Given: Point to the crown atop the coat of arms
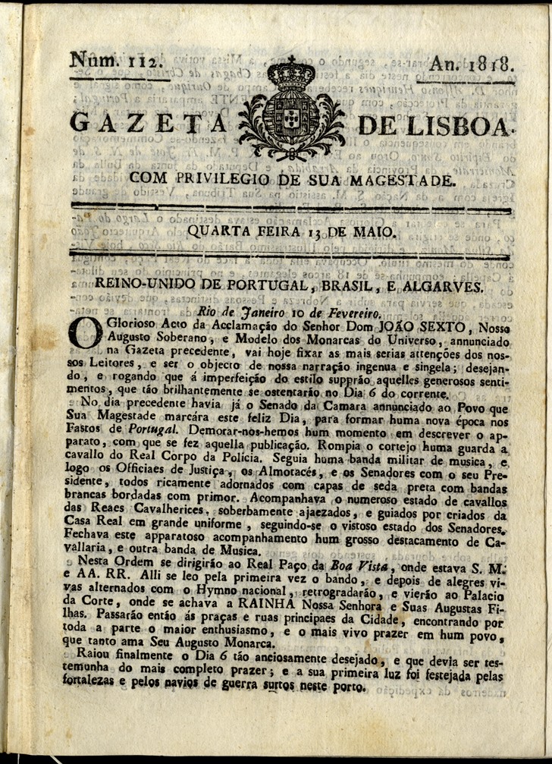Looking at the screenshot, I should coord(291,74).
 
